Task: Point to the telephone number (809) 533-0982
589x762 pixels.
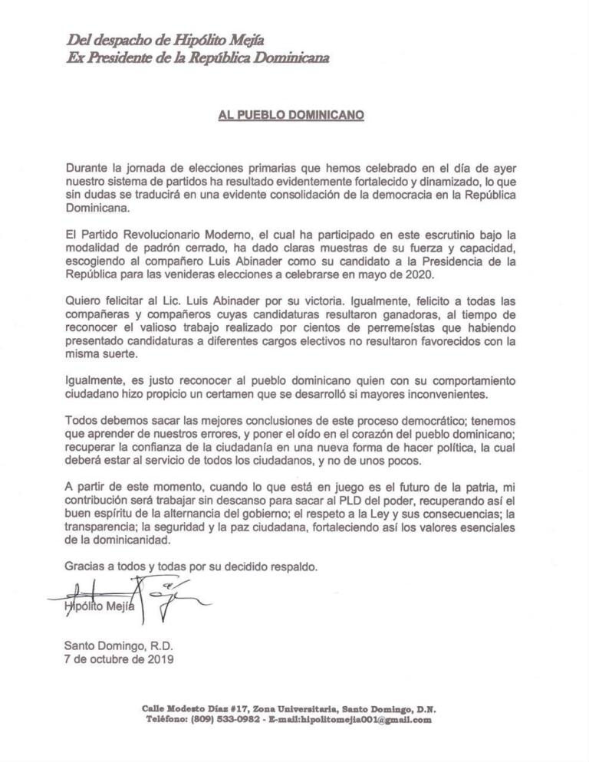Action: coord(213,721)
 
